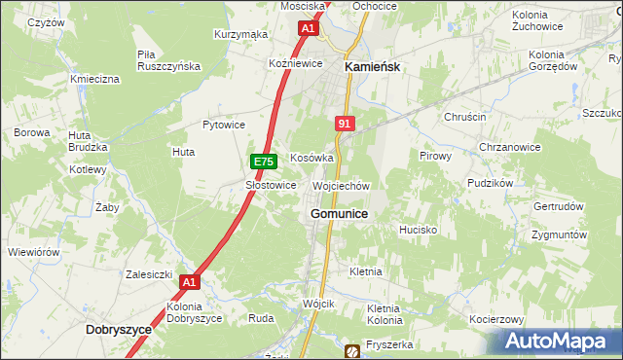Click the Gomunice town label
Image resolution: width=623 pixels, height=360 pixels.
tap(339, 213)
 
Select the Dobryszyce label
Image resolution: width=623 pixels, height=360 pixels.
tap(119, 330)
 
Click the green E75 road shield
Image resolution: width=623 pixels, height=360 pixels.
tap(261, 162)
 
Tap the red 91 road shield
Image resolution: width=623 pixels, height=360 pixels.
tap(345, 124)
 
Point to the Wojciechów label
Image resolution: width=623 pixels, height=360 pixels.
tap(341, 185)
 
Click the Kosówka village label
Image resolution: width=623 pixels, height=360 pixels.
tap(312, 158)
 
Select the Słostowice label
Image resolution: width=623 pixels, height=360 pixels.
tap(271, 185)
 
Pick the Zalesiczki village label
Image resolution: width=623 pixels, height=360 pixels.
tap(149, 274)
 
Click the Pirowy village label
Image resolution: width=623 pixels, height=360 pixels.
tap(435, 156)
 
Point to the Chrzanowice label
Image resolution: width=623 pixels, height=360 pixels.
tap(509, 147)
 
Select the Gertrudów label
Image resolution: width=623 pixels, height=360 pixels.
tap(559, 207)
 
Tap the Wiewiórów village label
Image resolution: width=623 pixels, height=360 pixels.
tap(34, 252)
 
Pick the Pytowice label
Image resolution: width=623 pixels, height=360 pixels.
tap(223, 126)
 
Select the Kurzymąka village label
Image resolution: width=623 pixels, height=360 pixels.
tap(240, 34)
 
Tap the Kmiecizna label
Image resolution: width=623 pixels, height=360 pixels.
tap(94, 78)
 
